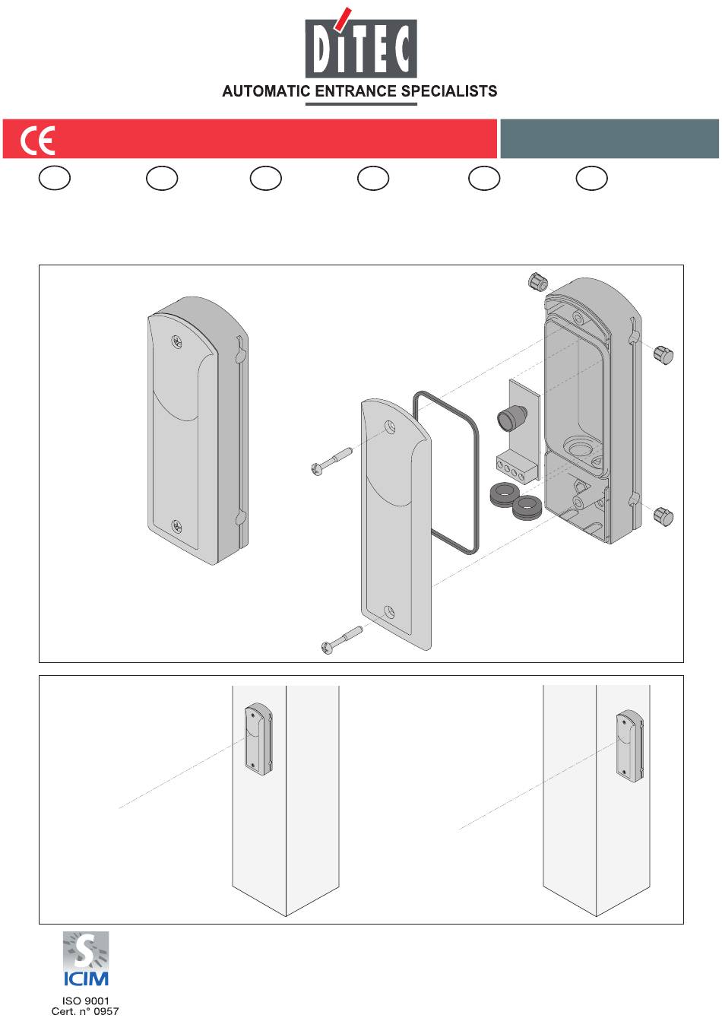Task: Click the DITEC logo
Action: (x=361, y=47)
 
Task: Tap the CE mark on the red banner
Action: (x=37, y=141)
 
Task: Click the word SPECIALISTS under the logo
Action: (x=449, y=91)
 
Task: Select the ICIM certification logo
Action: (x=85, y=959)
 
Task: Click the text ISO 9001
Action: (x=85, y=1001)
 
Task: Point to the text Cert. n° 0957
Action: (x=85, y=1011)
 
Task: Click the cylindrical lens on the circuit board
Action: (x=507, y=419)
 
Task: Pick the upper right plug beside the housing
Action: (x=663, y=354)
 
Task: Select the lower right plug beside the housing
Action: (x=663, y=516)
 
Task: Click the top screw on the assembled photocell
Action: (x=177, y=342)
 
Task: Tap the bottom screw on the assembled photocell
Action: (x=176, y=525)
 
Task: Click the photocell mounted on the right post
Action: (x=630, y=746)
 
